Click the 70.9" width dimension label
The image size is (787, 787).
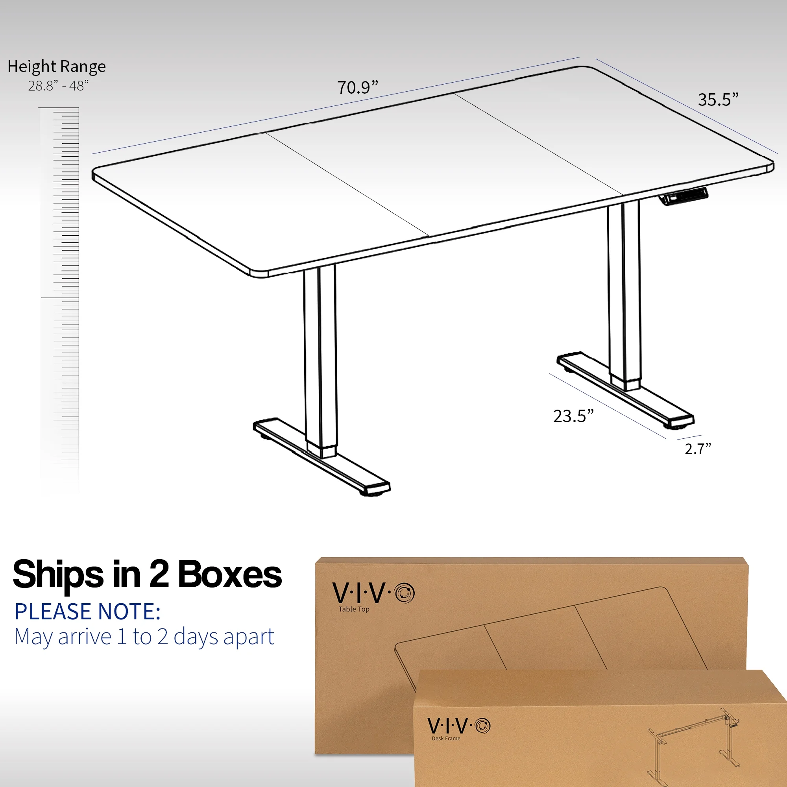(357, 88)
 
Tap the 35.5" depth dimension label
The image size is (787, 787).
(718, 100)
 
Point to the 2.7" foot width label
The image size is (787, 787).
(697, 449)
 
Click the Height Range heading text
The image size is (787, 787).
(57, 67)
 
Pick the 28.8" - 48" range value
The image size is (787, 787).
(58, 86)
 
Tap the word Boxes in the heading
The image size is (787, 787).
(229, 575)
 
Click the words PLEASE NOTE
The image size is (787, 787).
(88, 611)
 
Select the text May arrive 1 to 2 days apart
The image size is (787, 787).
(144, 637)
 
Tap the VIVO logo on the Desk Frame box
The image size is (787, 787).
(459, 726)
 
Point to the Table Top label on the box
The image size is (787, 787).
(354, 610)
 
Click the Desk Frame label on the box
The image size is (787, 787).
(446, 739)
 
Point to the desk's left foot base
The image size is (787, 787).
(322, 456)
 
